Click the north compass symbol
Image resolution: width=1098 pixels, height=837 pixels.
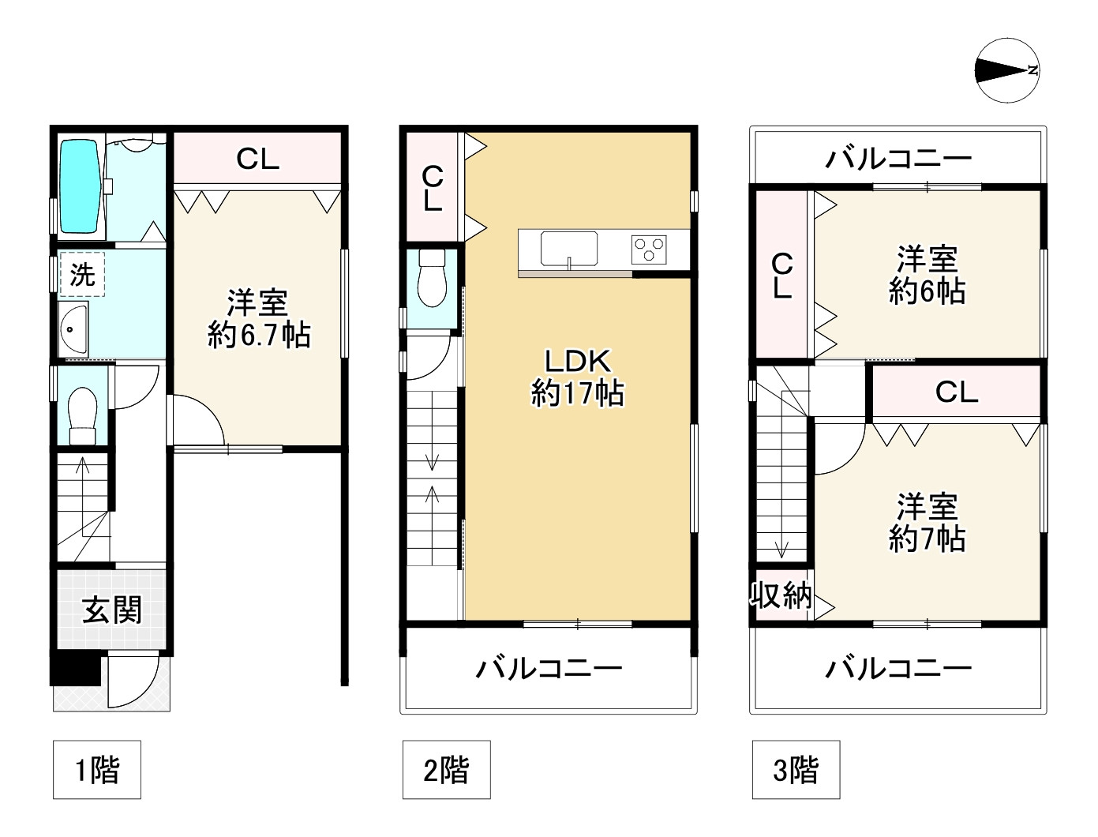pos(1008,70)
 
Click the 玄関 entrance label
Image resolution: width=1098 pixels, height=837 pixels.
pos(113,610)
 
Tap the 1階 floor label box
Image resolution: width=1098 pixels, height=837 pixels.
pos(97,769)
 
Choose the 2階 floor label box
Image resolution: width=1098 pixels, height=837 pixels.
pos(446,769)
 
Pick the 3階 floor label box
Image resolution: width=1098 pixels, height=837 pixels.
pos(795,769)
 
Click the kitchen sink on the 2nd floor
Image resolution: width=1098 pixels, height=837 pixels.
pos(568,250)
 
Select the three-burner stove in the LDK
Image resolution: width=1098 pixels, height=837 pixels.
pos(650,250)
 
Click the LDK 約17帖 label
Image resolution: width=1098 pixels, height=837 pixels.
pos(578,377)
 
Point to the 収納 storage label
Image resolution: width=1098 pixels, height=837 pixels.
pos(781,595)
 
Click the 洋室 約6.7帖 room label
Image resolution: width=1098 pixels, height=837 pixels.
pos(258,319)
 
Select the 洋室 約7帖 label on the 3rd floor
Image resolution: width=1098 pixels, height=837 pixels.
pos(927,523)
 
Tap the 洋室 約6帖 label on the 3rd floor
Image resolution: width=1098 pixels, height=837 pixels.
pos(927,276)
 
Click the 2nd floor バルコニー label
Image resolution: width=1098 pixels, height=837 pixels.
pos(549,670)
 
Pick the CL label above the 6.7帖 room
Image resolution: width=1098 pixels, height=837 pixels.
pos(258,160)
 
